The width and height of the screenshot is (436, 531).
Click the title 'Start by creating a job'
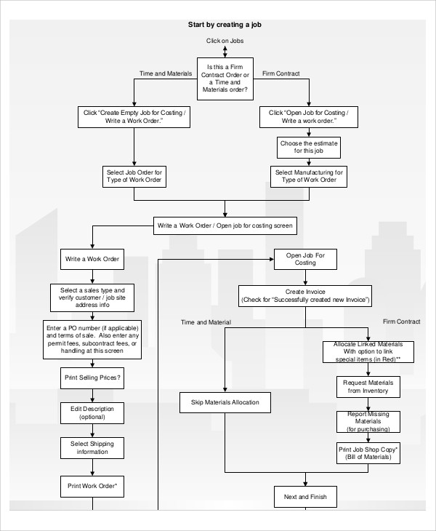(x=225, y=24)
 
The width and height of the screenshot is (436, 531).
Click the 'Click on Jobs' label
(x=225, y=41)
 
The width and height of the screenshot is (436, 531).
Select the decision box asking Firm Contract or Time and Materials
(x=225, y=78)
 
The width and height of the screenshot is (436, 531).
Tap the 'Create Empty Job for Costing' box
(x=134, y=117)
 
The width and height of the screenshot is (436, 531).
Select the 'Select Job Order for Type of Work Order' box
(x=134, y=175)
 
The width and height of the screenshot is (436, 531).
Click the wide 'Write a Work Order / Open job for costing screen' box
(x=225, y=225)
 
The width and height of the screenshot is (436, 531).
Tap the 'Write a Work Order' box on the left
(x=92, y=259)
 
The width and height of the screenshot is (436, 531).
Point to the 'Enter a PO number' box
(x=92, y=340)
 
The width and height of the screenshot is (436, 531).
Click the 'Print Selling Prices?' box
(x=92, y=378)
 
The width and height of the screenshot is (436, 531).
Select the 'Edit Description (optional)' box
(x=92, y=412)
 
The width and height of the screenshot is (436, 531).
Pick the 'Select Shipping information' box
(x=92, y=447)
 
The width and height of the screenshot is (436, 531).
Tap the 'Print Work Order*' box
(x=92, y=485)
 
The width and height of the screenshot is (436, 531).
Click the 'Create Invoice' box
(x=305, y=295)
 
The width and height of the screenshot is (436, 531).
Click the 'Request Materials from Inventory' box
(x=367, y=386)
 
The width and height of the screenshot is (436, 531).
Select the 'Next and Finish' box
(x=305, y=498)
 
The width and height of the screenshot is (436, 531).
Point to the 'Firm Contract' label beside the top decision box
(x=280, y=73)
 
